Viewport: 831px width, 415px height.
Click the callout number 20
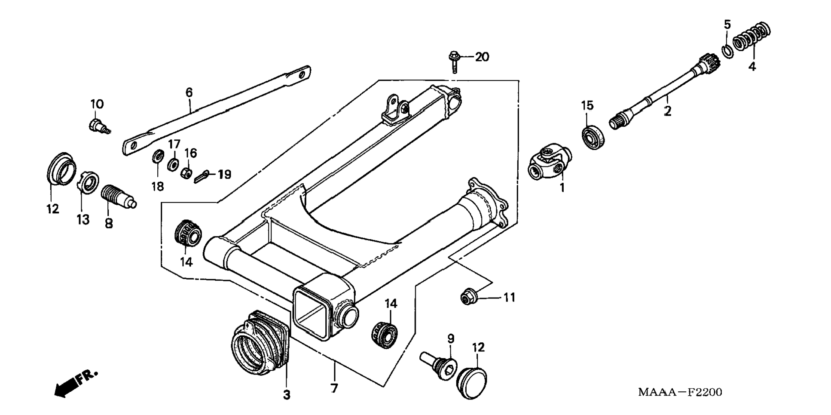click(482, 57)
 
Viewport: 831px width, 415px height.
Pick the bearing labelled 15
click(594, 136)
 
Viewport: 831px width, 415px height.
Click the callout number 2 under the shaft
click(667, 111)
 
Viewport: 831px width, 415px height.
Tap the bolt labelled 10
click(98, 126)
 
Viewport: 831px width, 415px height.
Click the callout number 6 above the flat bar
click(189, 92)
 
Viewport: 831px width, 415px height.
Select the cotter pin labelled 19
click(202, 175)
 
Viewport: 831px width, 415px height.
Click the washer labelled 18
click(157, 157)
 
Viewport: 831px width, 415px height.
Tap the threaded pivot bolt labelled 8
click(118, 197)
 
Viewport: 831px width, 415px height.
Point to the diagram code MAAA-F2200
click(680, 392)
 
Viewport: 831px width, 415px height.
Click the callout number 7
click(334, 388)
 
